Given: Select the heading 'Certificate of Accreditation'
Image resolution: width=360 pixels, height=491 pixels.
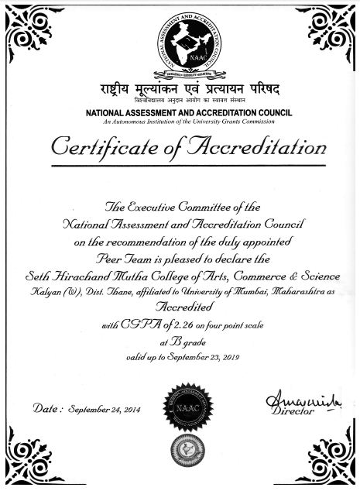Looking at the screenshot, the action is coord(180,146).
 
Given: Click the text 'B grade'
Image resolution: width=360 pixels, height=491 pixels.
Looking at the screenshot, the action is coord(180,342).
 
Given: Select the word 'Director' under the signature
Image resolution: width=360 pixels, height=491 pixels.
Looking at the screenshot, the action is coord(293,412).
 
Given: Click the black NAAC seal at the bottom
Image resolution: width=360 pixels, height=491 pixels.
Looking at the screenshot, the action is coord(180,402).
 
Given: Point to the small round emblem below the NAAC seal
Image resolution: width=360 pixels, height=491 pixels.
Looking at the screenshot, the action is coord(180,447).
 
